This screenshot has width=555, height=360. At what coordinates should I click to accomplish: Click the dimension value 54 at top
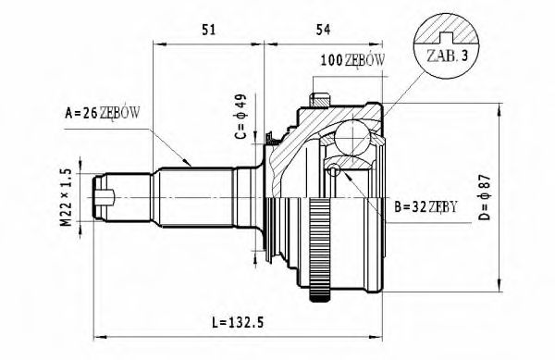coord(323,29)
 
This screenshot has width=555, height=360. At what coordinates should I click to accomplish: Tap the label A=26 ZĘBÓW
coord(103,114)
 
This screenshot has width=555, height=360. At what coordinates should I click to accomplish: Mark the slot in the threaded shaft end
coord(108,196)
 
